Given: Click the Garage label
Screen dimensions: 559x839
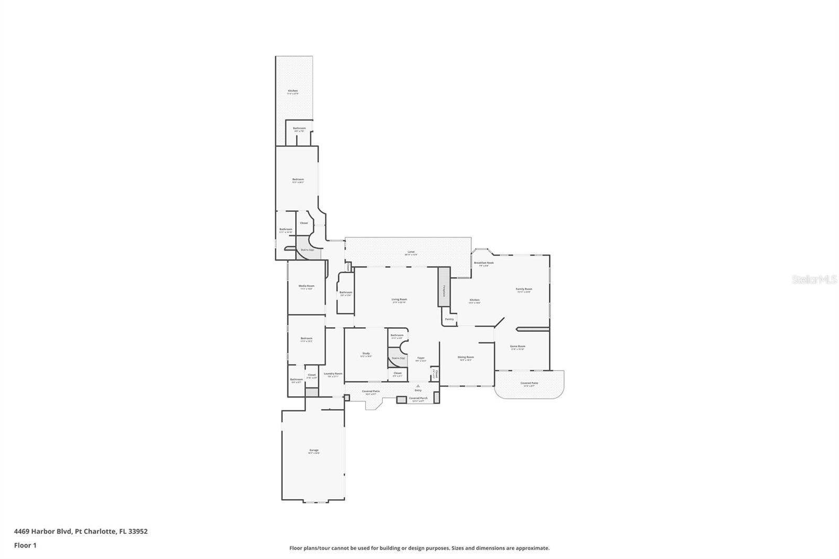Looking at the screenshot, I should (x=314, y=450).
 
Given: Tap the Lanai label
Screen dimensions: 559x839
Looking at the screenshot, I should (x=411, y=252).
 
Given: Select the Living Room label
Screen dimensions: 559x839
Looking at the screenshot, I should (x=399, y=299).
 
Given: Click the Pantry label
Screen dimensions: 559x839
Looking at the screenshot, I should (x=449, y=319).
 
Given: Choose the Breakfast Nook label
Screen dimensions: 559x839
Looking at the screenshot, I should (x=483, y=263).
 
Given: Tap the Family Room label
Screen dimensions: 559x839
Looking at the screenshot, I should (x=524, y=289).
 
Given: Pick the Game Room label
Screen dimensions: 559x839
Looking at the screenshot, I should (x=518, y=346).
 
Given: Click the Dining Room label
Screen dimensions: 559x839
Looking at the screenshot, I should (x=466, y=357).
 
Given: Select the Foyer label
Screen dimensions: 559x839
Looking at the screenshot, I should (x=420, y=358).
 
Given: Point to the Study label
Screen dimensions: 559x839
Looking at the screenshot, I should (x=366, y=353).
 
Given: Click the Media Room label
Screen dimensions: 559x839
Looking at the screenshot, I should (x=307, y=286).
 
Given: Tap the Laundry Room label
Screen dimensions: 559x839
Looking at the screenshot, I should (x=333, y=373).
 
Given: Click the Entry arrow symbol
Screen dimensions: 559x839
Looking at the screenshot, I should (x=418, y=385).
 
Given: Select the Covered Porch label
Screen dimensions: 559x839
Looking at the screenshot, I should (x=418, y=398).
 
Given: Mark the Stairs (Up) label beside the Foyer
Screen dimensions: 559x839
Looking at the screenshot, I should (x=399, y=358).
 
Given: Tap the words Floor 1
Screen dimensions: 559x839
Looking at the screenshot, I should (x=25, y=545).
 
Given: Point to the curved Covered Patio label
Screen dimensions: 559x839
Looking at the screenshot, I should (x=529, y=383).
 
